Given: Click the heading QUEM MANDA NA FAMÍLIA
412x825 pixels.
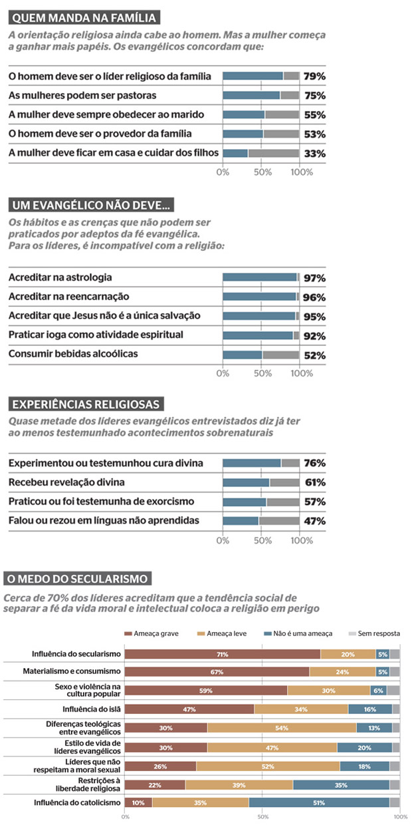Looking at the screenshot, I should pyautogui.click(x=84, y=18).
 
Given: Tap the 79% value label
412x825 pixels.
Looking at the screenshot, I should pyautogui.click(x=314, y=76).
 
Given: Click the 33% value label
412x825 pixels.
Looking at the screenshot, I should pyautogui.click(x=314, y=154).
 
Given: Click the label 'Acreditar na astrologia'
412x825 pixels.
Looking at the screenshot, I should pyautogui.click(x=60, y=277).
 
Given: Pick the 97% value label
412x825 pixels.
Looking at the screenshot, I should pyautogui.click(x=314, y=278).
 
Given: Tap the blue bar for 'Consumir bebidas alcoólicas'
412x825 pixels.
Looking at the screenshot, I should pyautogui.click(x=243, y=355).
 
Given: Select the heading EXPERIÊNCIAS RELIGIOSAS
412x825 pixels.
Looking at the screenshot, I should pyautogui.click(x=86, y=404).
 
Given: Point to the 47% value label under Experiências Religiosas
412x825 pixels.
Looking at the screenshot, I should pyautogui.click(x=314, y=521).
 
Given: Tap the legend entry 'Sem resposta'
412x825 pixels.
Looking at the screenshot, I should pyautogui.click(x=378, y=633).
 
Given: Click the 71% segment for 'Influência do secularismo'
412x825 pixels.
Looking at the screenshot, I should pyautogui.click(x=223, y=654).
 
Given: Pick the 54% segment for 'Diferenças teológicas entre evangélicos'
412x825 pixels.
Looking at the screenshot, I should pyautogui.click(x=282, y=728).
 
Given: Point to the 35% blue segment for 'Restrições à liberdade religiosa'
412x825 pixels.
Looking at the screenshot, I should pyautogui.click(x=341, y=784).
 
